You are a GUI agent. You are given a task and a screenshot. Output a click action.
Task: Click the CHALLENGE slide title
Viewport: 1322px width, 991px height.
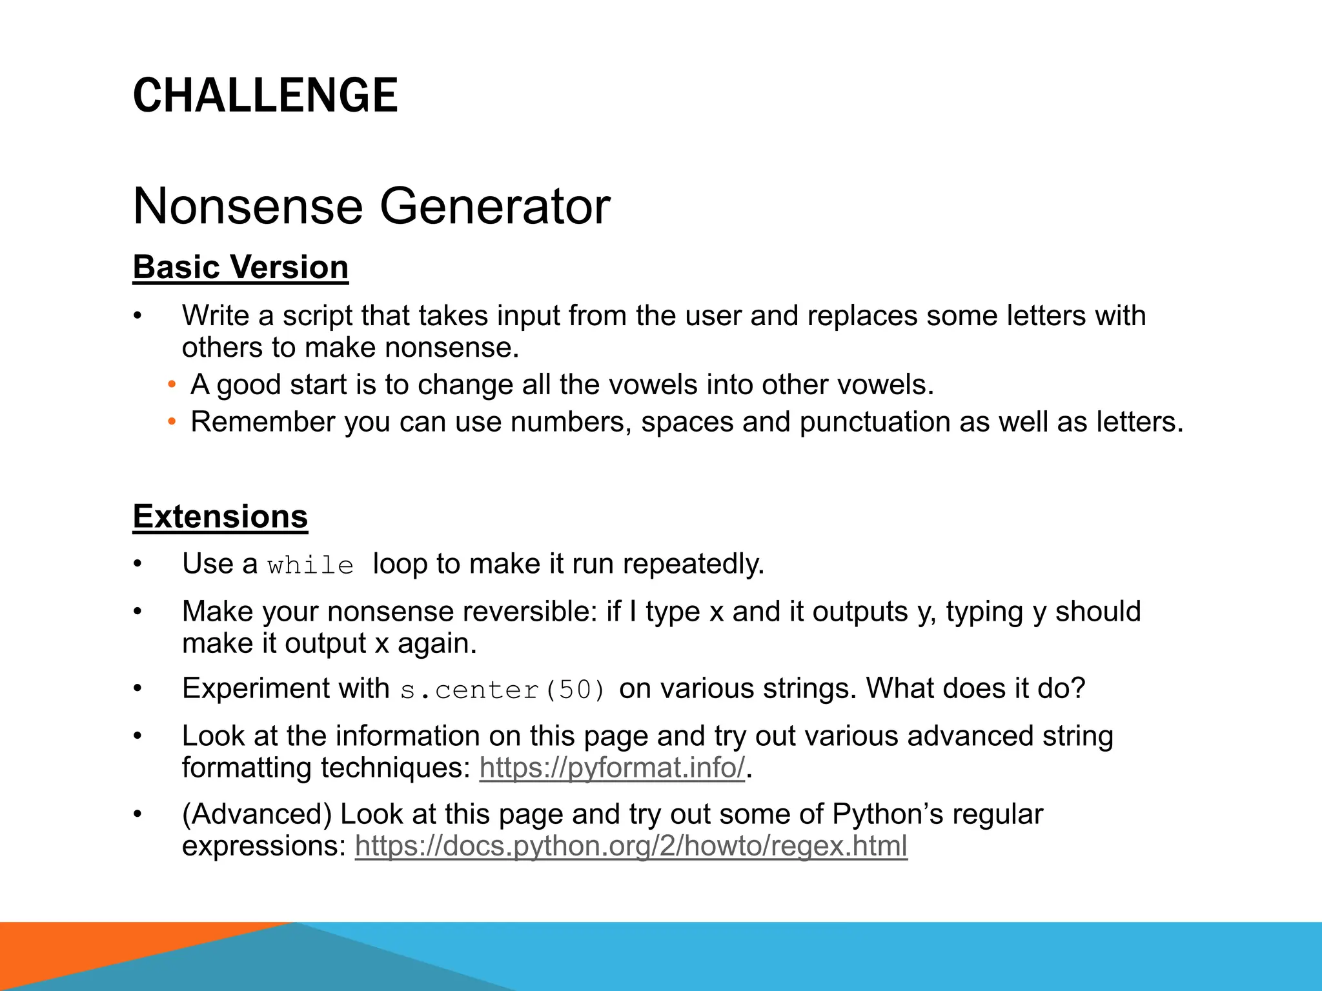click(265, 95)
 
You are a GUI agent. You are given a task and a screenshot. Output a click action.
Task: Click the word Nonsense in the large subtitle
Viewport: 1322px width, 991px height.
click(248, 206)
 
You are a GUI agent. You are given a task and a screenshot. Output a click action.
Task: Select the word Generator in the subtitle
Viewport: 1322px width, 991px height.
click(494, 206)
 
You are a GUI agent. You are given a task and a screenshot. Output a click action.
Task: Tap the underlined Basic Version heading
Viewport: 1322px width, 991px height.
click(240, 267)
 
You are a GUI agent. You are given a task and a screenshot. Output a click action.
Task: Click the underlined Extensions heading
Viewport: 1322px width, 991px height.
click(220, 517)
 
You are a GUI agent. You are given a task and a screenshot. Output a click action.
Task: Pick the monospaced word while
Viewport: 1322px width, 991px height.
click(310, 566)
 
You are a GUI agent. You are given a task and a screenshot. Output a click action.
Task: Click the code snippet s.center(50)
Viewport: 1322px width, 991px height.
click(503, 690)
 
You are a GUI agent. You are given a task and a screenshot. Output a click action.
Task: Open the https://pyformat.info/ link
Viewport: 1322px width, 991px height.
click(612, 768)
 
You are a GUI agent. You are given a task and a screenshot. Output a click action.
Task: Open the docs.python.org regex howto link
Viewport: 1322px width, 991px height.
click(631, 846)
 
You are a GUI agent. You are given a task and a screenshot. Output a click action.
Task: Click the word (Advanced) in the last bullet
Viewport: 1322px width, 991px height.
click(256, 814)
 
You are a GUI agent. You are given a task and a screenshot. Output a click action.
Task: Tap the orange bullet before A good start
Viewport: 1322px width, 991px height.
click(172, 385)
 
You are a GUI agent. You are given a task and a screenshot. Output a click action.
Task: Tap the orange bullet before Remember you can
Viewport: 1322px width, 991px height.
click(172, 423)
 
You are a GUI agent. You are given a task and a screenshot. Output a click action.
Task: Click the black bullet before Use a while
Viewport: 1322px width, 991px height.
click(137, 565)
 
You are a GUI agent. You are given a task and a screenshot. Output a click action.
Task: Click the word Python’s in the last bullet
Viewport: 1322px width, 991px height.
click(888, 814)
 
